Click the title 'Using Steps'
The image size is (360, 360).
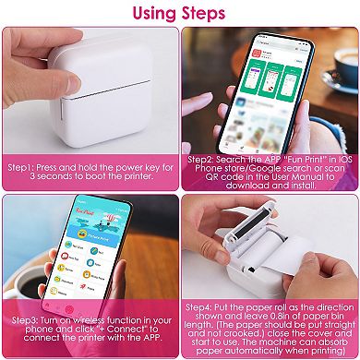pos(180,13)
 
